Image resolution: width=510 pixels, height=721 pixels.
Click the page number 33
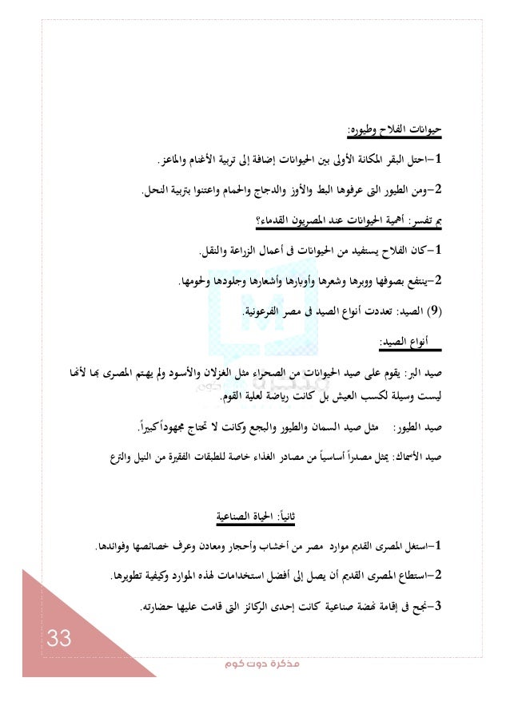(59, 639)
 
